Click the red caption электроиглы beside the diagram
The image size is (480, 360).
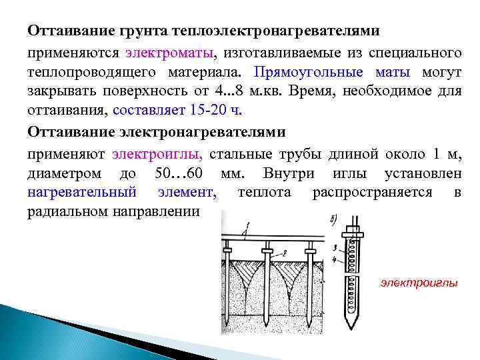419,283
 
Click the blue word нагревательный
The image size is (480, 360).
82,193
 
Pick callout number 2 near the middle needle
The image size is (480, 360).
283,252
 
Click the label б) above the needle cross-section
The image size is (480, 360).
333,218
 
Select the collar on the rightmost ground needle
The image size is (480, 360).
309,252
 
